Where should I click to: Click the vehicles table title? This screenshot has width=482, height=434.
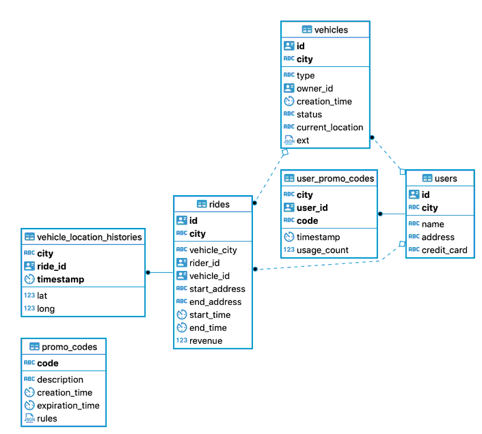coord(331,29)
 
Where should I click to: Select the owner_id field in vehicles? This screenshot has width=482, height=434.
coord(314,89)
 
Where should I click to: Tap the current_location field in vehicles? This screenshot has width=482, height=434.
coord(330,128)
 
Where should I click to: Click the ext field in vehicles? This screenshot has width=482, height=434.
coord(303,141)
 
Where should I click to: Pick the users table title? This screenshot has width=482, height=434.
coord(446,178)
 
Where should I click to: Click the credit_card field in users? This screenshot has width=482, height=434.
coord(444,250)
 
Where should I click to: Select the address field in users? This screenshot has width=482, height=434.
coord(438,237)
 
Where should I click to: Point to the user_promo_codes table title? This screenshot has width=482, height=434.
coord(335,179)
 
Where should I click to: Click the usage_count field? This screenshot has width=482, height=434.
coord(322,250)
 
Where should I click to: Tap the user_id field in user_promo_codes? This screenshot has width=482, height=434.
coord(312,208)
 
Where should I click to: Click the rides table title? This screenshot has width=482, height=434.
coord(219,204)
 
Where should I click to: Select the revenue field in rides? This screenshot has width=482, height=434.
coord(206,341)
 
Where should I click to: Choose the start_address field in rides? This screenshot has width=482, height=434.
coord(217,289)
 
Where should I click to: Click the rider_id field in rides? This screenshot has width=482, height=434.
coord(204,263)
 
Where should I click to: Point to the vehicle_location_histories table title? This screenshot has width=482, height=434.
coord(89,237)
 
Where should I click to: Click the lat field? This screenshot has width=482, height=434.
coord(43,295)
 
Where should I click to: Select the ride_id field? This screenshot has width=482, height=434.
coord(51,266)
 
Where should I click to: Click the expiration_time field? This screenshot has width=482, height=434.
coord(68,405)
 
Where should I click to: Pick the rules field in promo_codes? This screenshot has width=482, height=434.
coord(47,418)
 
